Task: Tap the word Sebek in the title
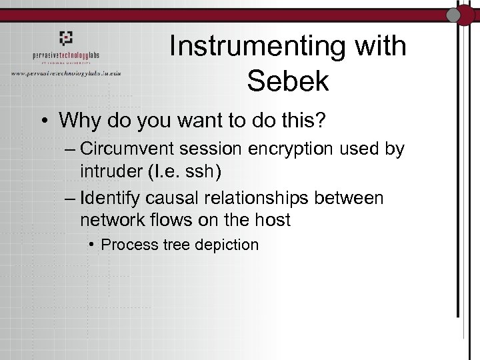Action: click(x=287, y=81)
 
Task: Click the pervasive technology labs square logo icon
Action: click(x=66, y=38)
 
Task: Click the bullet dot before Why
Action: click(x=45, y=121)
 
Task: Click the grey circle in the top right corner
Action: click(x=454, y=15)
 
